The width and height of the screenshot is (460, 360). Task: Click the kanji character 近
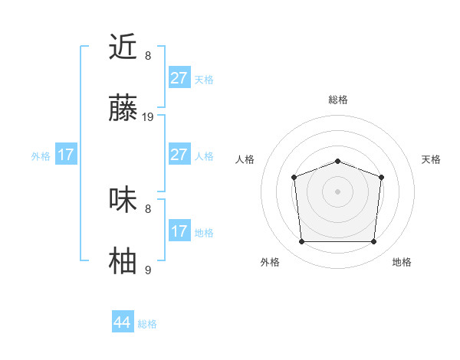pyautogui.click(x=123, y=47)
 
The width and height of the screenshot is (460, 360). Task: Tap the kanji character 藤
pyautogui.click(x=123, y=110)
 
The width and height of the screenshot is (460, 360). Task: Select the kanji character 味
pyautogui.click(x=123, y=200)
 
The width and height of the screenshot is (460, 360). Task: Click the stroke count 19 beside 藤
pyautogui.click(x=148, y=117)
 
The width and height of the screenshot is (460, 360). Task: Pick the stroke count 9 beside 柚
pyautogui.click(x=148, y=270)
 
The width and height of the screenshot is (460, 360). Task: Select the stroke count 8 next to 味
pyautogui.click(x=148, y=208)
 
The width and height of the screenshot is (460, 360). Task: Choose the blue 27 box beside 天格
pyautogui.click(x=179, y=78)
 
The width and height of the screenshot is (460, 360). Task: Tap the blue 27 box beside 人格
pyautogui.click(x=179, y=155)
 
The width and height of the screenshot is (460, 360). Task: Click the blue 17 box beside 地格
pyautogui.click(x=179, y=231)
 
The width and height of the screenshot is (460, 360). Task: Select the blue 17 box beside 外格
pyautogui.click(x=66, y=155)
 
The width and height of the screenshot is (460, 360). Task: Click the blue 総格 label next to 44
pyautogui.click(x=147, y=324)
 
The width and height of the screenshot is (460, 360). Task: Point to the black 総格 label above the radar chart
pyautogui.click(x=337, y=100)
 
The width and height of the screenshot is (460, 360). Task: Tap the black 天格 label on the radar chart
pyautogui.click(x=431, y=159)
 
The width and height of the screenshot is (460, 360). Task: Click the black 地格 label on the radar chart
pyautogui.click(x=402, y=262)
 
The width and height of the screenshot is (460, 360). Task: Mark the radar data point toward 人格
pyautogui.click(x=294, y=177)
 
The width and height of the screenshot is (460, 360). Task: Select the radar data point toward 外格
pyautogui.click(x=301, y=242)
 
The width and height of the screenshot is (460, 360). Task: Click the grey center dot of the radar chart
pyautogui.click(x=337, y=191)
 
